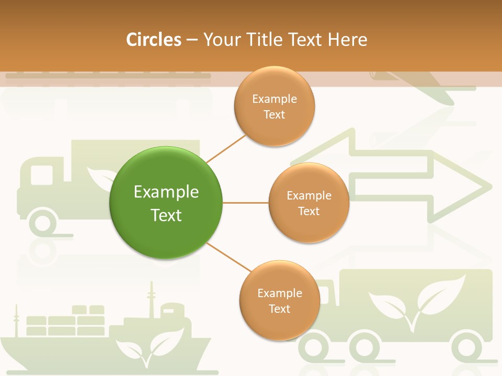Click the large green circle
pyautogui.click(x=166, y=203)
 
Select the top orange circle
pyautogui.click(x=275, y=106)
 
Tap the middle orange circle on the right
pyautogui.click(x=309, y=203)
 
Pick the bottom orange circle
pyautogui.click(x=279, y=300)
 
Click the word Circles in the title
pyautogui.click(x=154, y=40)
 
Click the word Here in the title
pyautogui.click(x=347, y=40)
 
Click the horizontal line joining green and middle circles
pyautogui.click(x=245, y=203)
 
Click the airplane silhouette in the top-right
pyautogui.click(x=418, y=84)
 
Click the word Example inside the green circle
pyautogui.click(x=166, y=192)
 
